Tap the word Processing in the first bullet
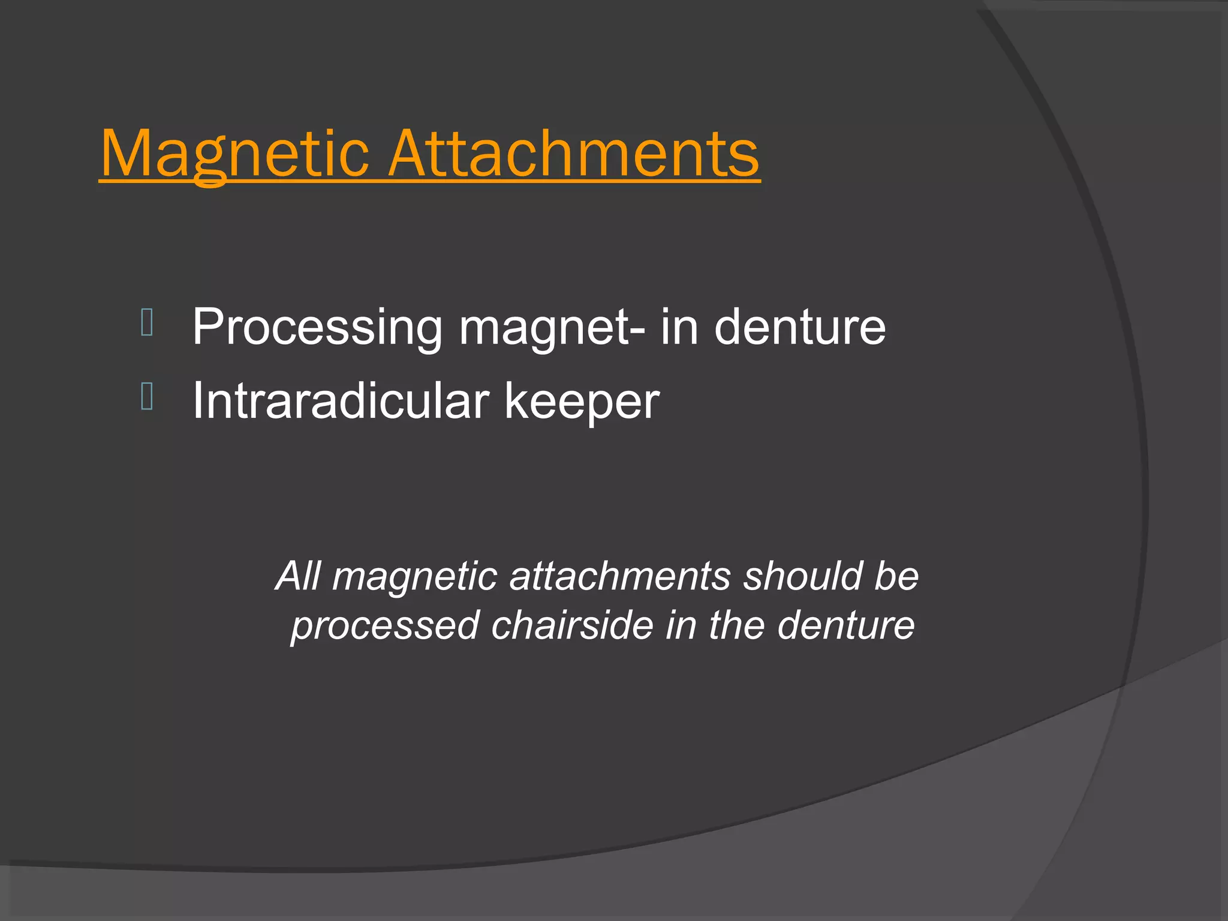tap(317, 328)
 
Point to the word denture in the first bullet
tap(800, 327)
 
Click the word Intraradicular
tap(339, 401)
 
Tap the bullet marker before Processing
tap(147, 323)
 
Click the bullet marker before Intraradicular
tap(147, 396)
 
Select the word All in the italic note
tap(298, 576)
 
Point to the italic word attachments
tap(620, 576)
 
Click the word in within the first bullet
tap(679, 327)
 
